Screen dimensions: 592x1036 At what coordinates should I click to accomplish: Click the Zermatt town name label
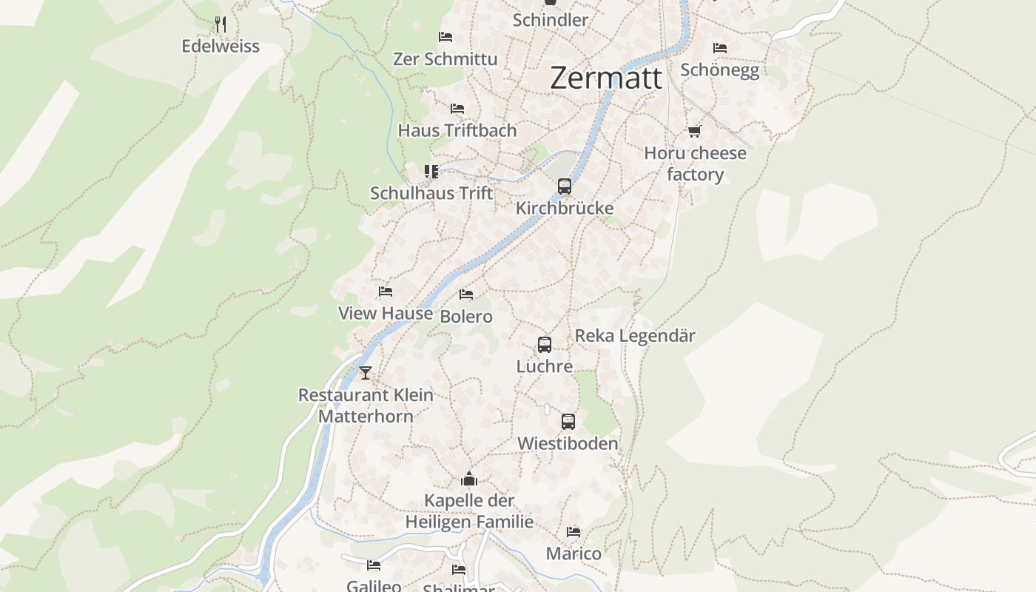[x=605, y=78]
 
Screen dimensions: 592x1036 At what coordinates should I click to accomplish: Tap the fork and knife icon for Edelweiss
[x=220, y=24]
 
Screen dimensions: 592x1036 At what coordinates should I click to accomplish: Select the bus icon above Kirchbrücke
[x=565, y=186]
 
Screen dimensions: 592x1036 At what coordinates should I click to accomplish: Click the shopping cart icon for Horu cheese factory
[x=694, y=132]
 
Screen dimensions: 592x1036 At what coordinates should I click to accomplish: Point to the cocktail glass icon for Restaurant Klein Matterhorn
[x=365, y=373]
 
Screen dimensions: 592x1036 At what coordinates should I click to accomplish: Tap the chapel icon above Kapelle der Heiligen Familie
[x=469, y=480]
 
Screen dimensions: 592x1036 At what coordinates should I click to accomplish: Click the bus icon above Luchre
[x=545, y=345]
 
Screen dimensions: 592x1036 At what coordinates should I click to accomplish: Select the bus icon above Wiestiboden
[x=568, y=422]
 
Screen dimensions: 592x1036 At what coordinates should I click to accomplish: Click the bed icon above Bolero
[x=466, y=295]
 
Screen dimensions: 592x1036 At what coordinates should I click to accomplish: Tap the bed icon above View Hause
[x=385, y=292]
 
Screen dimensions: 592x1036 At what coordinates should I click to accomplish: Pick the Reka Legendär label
[x=635, y=336]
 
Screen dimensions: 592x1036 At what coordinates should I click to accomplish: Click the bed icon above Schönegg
[x=719, y=48]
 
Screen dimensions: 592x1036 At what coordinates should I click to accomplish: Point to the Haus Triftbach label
[x=457, y=130]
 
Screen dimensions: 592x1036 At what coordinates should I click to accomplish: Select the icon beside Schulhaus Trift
[x=431, y=172]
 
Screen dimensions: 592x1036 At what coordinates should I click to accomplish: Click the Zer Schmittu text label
[x=445, y=59]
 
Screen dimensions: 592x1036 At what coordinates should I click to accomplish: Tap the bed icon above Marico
[x=573, y=532]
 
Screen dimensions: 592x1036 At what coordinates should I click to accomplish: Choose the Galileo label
[x=374, y=586]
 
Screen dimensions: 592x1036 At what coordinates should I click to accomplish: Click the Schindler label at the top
[x=550, y=20]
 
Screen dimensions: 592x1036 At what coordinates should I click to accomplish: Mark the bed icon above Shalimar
[x=459, y=570]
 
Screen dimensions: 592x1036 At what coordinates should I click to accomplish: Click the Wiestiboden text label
[x=568, y=444]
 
